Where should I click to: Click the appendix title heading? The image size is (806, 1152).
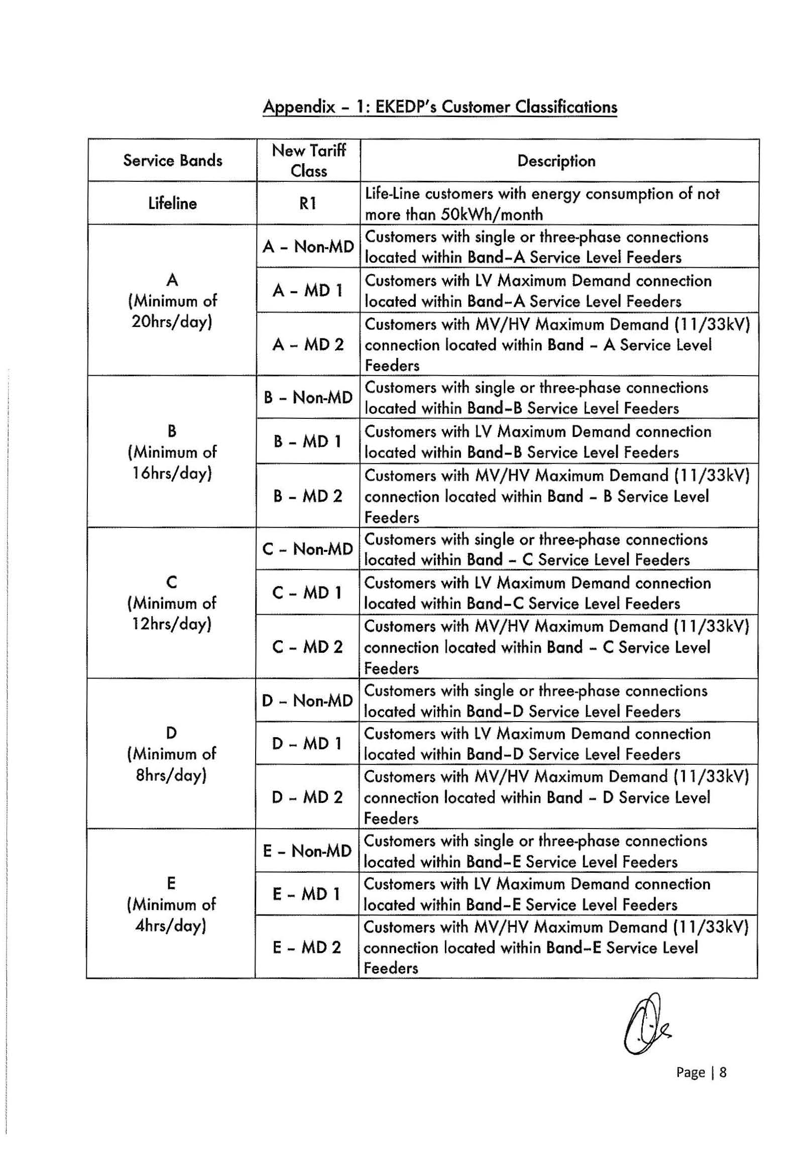click(439, 107)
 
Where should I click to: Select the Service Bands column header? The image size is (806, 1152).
click(172, 161)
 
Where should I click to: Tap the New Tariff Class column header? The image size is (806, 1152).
click(308, 161)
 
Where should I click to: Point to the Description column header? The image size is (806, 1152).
click(556, 161)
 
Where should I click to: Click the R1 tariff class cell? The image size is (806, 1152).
click(308, 203)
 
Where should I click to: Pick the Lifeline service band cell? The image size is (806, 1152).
click(172, 203)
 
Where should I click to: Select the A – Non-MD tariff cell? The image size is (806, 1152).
click(308, 247)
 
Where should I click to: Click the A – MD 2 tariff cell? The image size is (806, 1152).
click(308, 344)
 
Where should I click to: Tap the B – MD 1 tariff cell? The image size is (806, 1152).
click(308, 441)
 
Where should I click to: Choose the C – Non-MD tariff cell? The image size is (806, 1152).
click(308, 549)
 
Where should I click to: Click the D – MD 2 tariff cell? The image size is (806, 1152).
click(307, 797)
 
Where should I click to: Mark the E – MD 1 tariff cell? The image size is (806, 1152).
click(307, 894)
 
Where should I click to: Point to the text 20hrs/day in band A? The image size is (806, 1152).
click(172, 321)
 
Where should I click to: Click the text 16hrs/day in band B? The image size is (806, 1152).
click(172, 473)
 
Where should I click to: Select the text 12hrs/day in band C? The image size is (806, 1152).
click(172, 624)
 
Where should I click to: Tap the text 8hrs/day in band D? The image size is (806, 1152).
click(171, 775)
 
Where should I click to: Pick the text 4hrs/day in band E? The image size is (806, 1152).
click(171, 926)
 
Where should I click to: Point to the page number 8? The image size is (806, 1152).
click(723, 1073)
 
